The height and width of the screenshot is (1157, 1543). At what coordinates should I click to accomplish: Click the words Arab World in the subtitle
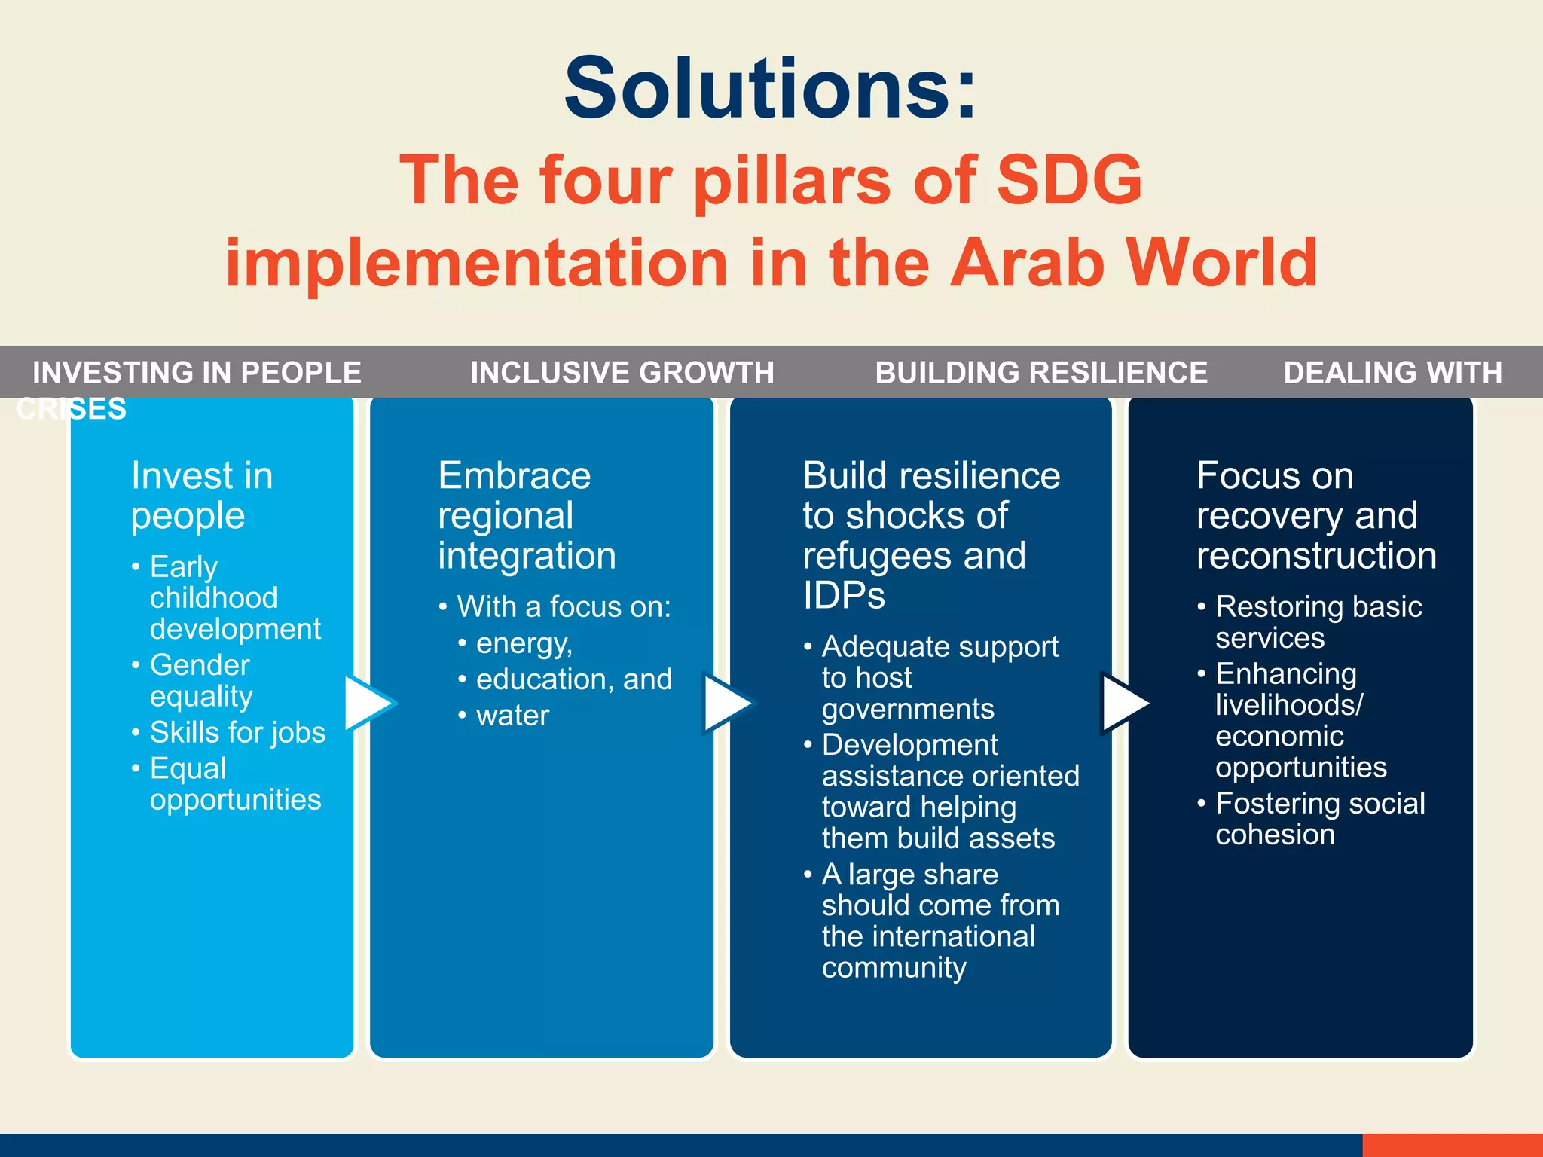(1133, 263)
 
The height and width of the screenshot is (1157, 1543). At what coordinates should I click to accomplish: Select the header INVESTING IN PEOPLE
(197, 373)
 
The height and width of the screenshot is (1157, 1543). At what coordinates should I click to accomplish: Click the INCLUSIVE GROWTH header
(622, 373)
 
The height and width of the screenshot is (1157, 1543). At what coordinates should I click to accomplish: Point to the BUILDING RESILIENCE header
(1041, 373)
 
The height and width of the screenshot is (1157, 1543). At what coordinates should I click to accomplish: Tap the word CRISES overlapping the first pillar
(72, 409)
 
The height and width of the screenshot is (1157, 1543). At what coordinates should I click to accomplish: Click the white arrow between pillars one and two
(367, 703)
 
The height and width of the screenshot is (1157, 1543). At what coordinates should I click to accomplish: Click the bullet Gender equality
(200, 680)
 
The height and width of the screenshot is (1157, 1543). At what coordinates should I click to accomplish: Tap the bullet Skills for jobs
(237, 732)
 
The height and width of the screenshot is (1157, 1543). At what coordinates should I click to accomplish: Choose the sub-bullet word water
(512, 716)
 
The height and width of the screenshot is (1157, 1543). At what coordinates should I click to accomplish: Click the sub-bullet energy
(524, 643)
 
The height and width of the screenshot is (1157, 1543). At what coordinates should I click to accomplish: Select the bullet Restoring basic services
(1318, 622)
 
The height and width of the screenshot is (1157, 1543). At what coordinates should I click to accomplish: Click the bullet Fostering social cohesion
(1319, 819)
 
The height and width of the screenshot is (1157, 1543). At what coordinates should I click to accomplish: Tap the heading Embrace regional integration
(527, 516)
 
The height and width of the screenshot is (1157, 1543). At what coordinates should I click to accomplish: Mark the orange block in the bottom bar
(1452, 1145)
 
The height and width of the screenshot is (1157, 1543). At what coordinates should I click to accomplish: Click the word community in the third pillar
(894, 968)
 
